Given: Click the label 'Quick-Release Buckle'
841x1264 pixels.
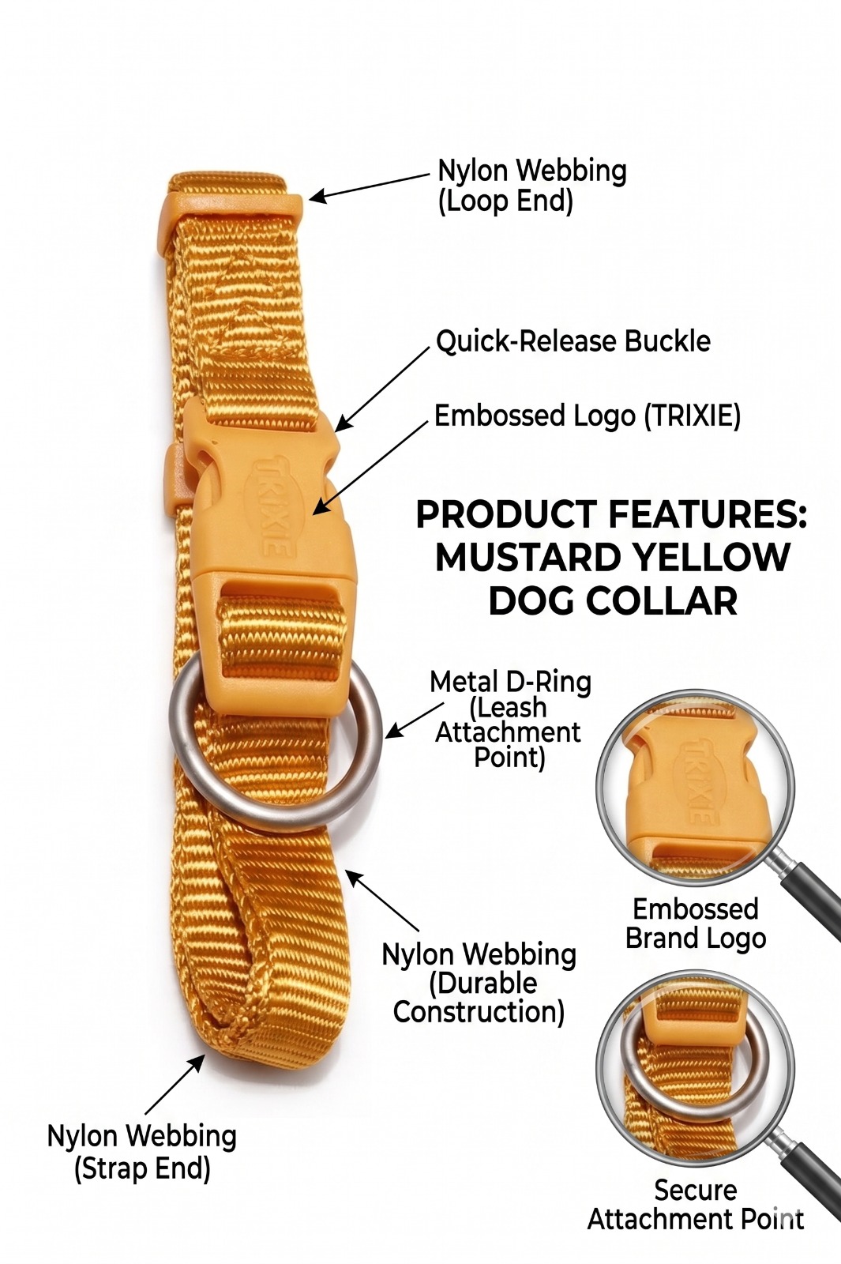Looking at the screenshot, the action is (573, 342).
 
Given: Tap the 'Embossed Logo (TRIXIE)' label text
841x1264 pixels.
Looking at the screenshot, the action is (588, 416).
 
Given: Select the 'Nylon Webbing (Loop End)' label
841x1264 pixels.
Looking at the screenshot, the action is (532, 186).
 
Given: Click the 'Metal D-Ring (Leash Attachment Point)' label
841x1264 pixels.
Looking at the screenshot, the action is (510, 719).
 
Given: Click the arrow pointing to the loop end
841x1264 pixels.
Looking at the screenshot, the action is (370, 186).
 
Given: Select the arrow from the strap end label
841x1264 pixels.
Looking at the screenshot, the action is (175, 1084).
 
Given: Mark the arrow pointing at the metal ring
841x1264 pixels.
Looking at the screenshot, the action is (415, 720).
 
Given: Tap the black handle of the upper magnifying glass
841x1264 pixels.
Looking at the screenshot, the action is (814, 897).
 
